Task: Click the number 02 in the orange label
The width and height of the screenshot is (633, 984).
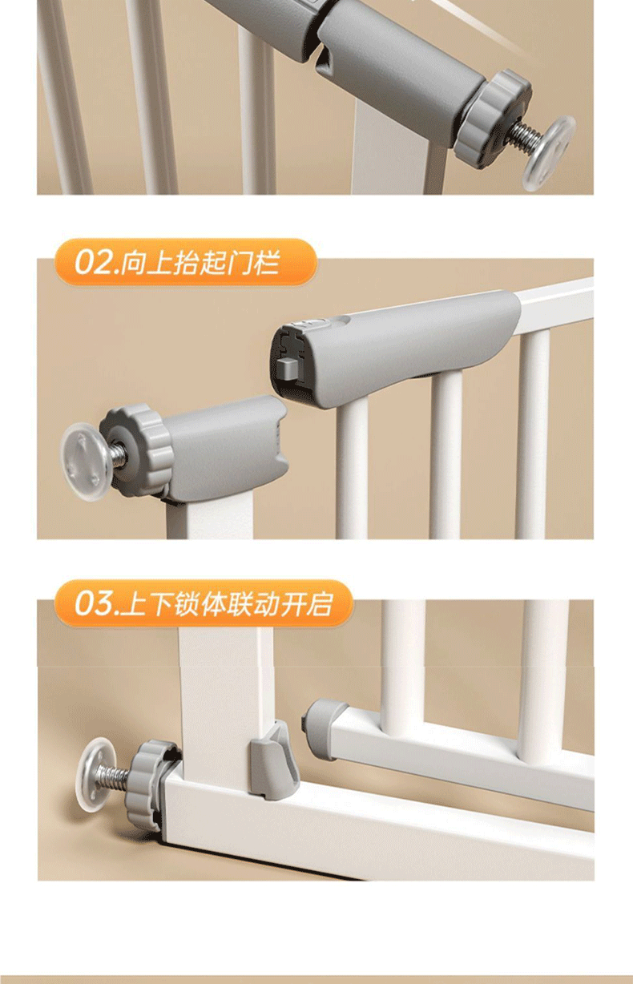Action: (x=93, y=263)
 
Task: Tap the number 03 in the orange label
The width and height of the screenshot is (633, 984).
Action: (x=93, y=603)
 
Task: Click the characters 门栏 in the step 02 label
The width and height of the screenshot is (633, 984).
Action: (x=254, y=263)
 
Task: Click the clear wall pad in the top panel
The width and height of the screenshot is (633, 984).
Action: (x=547, y=152)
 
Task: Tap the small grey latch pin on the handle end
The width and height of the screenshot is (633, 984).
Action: (x=287, y=367)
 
